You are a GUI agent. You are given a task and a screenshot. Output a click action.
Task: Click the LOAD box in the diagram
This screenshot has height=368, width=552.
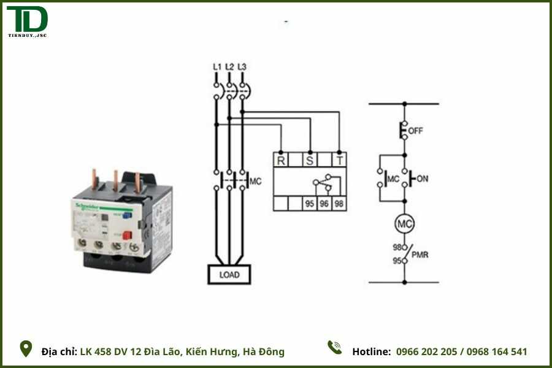click(x=229, y=275)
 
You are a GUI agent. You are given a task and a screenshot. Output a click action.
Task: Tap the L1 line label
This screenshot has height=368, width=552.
click(x=217, y=66)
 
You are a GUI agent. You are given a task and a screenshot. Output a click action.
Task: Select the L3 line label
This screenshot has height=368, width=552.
click(x=242, y=66)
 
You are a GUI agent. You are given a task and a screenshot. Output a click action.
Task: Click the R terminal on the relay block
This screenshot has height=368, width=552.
click(x=281, y=161)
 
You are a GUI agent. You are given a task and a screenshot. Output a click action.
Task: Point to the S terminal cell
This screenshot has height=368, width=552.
click(x=310, y=161)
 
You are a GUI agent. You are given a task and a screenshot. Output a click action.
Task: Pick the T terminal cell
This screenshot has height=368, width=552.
click(x=339, y=161)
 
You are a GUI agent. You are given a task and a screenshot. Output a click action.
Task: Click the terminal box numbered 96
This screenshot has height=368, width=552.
click(x=324, y=204)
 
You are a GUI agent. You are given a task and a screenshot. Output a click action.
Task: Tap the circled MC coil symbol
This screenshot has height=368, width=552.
click(x=404, y=224)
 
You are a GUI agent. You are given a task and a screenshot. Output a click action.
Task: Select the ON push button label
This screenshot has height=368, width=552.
click(x=423, y=178)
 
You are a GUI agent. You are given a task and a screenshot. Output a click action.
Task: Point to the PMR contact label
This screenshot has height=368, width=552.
click(x=420, y=255)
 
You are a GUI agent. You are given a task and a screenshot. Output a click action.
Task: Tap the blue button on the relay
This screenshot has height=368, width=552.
click(x=128, y=214)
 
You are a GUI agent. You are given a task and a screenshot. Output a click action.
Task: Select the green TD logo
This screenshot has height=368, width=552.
click(x=28, y=20)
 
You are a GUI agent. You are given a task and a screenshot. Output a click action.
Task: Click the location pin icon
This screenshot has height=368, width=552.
click(x=26, y=349)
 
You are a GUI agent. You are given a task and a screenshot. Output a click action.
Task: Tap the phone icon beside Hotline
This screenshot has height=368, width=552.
click(x=334, y=348)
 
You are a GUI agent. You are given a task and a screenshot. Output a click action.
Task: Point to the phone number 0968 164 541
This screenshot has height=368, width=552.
click(x=497, y=352)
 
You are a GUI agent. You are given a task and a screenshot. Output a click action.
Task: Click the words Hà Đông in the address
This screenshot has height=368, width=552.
click(x=264, y=352)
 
